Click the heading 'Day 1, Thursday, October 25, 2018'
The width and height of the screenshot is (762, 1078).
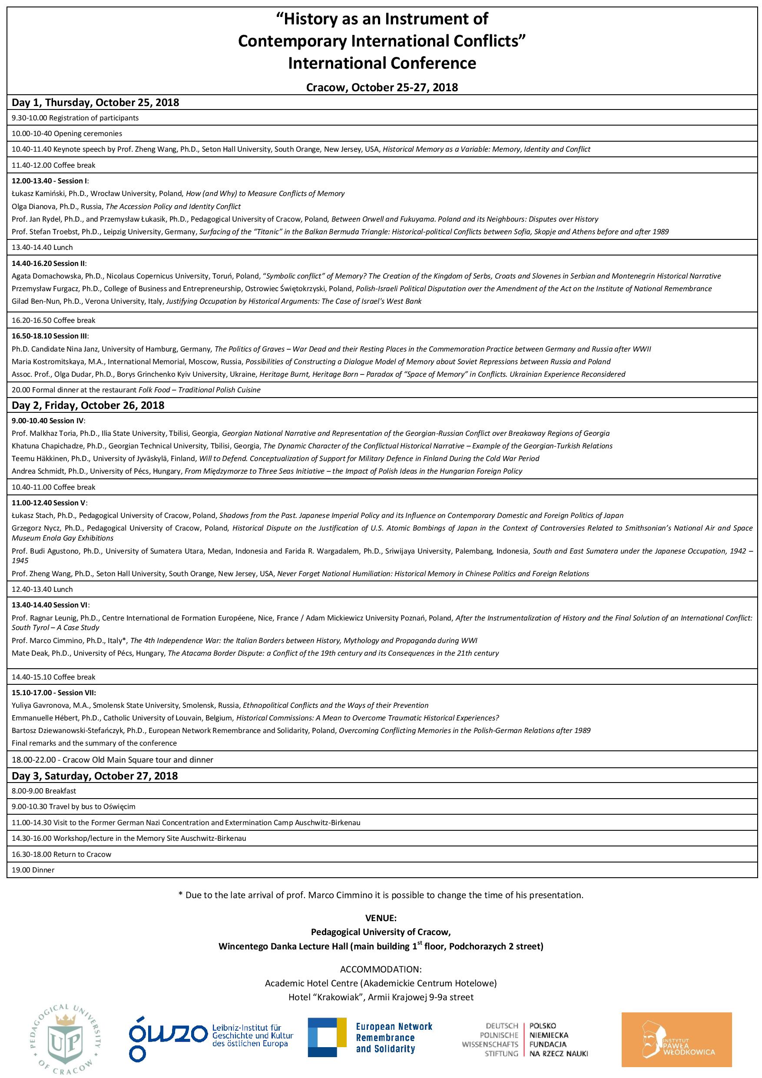(95, 103)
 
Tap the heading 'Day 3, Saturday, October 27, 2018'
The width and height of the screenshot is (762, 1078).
(95, 775)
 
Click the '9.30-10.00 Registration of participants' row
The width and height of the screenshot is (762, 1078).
(75, 118)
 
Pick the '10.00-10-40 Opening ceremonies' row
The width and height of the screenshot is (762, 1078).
(66, 133)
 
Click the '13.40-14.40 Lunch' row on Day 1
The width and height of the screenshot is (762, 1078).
(42, 247)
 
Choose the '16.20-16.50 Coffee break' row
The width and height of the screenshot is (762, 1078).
(53, 320)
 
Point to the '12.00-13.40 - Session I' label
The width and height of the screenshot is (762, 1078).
(50, 181)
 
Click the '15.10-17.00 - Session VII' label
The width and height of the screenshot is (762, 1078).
(53, 693)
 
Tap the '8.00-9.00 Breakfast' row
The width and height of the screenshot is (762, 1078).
(44, 791)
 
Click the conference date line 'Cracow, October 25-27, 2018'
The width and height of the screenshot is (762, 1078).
(382, 87)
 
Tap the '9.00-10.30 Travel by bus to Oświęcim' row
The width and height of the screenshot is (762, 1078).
(73, 806)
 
